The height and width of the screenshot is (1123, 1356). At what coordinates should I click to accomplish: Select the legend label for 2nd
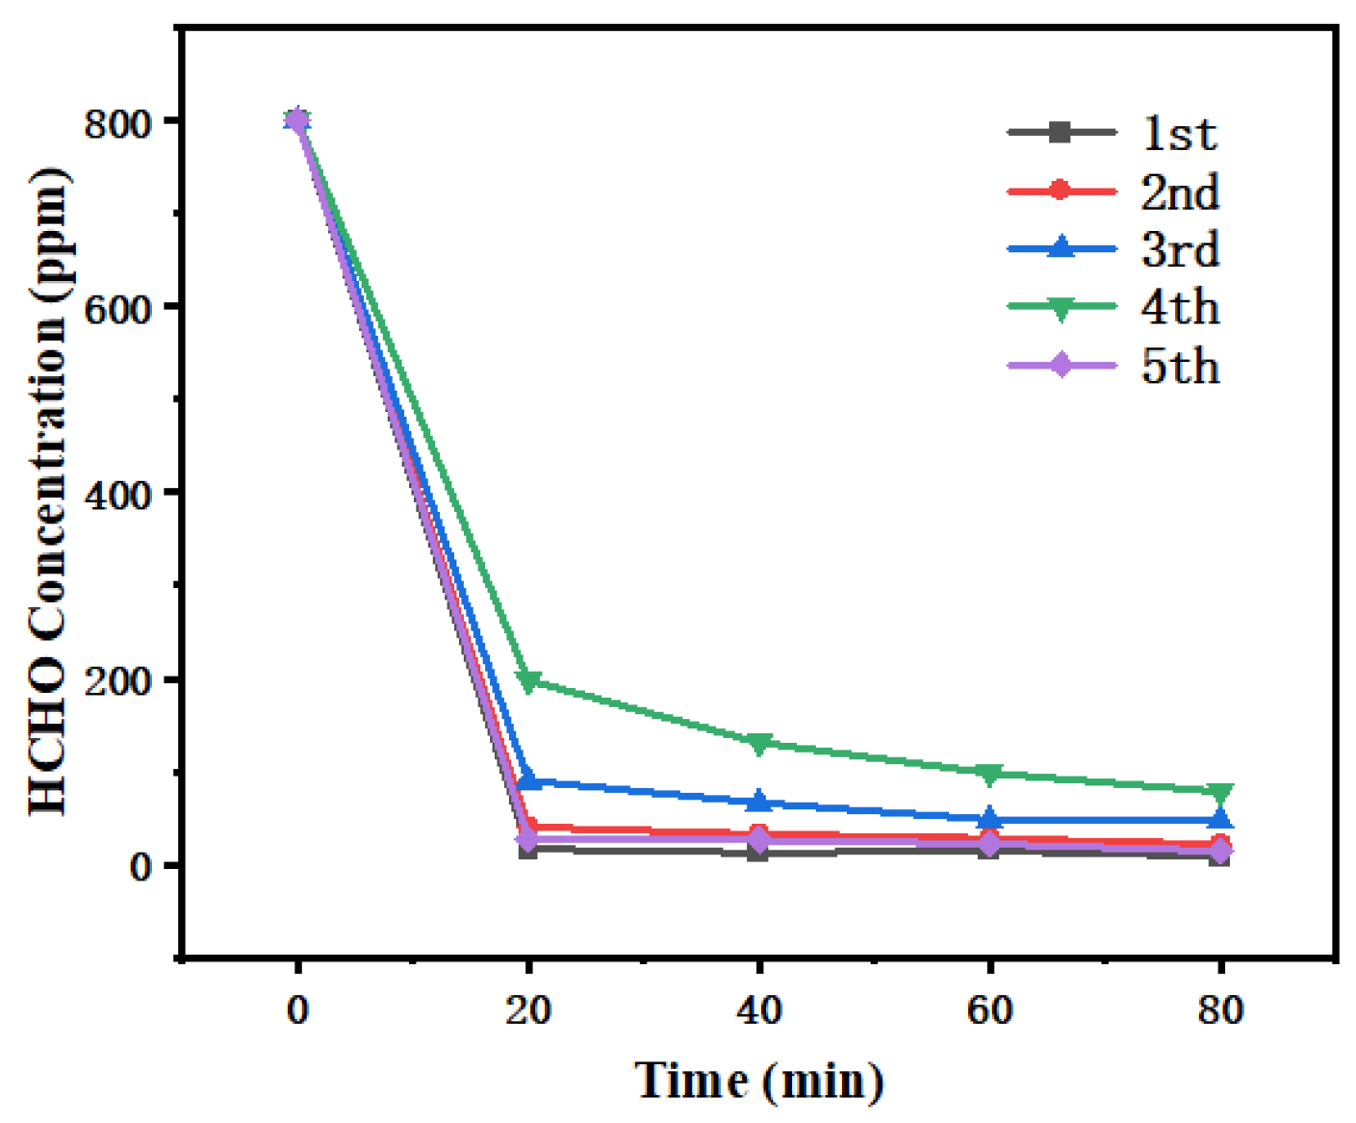(x=1180, y=192)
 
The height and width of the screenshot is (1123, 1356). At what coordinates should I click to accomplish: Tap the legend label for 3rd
(x=1180, y=250)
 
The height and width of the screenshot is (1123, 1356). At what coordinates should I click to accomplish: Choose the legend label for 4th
(x=1180, y=308)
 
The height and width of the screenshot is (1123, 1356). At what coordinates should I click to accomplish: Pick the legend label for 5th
(x=1180, y=367)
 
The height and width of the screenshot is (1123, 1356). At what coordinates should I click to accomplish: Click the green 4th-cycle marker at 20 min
(x=528, y=682)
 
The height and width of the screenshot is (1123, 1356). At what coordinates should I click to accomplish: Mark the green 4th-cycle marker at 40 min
(x=759, y=744)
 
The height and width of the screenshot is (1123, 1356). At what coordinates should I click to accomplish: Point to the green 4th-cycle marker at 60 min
(x=989, y=774)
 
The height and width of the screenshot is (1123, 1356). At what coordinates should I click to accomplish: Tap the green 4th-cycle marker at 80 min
(x=1220, y=793)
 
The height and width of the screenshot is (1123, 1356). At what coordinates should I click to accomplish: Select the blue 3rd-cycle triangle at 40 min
(x=759, y=801)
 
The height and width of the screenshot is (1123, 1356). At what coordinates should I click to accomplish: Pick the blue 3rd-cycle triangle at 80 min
(x=1220, y=819)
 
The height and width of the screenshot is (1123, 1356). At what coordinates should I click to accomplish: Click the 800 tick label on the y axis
(x=117, y=123)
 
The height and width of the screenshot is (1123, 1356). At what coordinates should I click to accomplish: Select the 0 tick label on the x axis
(x=298, y=1009)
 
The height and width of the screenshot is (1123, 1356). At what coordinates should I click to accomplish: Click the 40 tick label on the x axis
(x=759, y=1009)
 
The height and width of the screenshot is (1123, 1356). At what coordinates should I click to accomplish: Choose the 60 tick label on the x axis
(x=989, y=1009)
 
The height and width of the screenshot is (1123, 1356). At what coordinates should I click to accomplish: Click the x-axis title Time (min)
(x=758, y=1081)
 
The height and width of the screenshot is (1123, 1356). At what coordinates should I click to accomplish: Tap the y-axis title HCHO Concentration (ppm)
(x=47, y=492)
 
